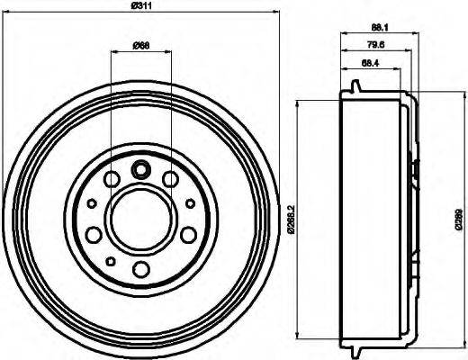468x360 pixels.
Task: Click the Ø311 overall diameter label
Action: [x=139, y=7]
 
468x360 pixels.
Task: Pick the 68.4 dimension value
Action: [x=369, y=64]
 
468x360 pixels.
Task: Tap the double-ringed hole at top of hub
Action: [x=139, y=168]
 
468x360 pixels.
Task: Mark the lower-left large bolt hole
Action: [x=93, y=236]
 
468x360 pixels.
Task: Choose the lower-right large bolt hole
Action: [x=187, y=236]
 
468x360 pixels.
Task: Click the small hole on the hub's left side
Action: [x=89, y=204]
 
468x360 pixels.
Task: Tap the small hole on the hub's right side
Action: [x=191, y=204]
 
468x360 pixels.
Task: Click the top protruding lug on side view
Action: [x=356, y=87]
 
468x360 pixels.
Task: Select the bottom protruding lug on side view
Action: [x=356, y=346]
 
